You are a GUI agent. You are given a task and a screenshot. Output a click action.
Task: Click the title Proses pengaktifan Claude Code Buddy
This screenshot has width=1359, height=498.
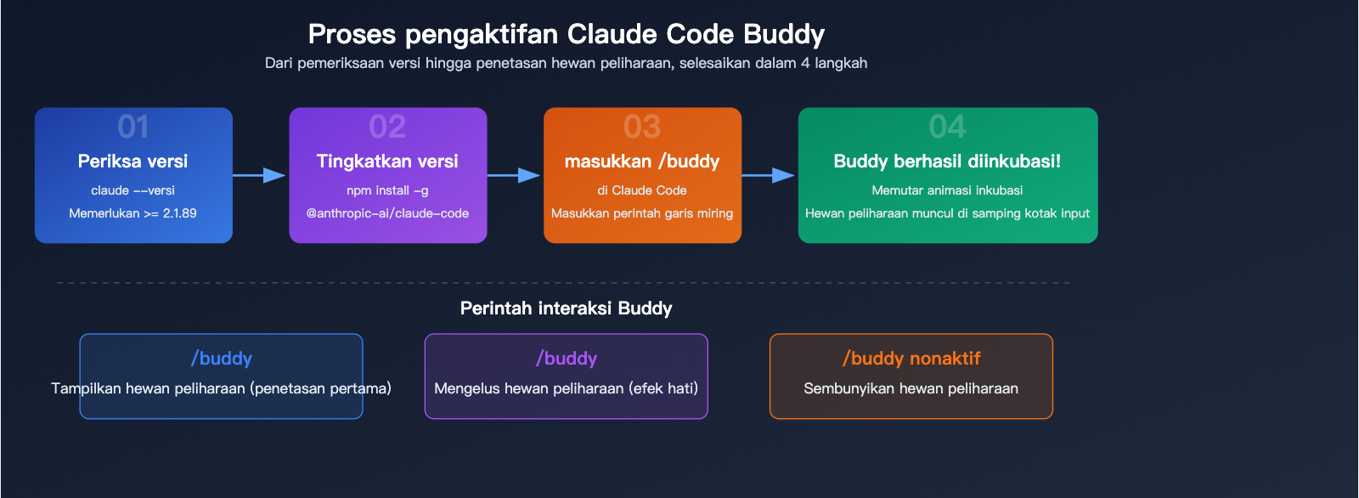click(566, 34)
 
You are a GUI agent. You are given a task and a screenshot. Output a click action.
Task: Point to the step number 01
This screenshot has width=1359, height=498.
click(133, 127)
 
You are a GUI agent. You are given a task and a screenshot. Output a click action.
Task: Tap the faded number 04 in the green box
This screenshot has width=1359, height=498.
click(947, 127)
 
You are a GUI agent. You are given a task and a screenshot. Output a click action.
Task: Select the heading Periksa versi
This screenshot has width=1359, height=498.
click(133, 161)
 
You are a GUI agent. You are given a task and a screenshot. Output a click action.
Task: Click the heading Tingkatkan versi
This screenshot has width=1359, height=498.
click(387, 161)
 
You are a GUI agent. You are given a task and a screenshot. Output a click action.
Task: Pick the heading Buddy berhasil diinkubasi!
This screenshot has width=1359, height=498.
click(947, 161)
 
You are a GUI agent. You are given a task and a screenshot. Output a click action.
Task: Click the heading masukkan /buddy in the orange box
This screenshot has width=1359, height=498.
click(642, 161)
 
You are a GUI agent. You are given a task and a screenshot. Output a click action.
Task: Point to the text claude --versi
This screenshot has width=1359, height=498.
click(133, 190)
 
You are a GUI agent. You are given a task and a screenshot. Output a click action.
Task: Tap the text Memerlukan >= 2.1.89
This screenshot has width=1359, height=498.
click(133, 213)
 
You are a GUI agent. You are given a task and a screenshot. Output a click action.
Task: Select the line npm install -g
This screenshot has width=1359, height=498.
click(387, 190)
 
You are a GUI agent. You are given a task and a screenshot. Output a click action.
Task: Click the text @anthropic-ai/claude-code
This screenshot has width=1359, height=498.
click(387, 213)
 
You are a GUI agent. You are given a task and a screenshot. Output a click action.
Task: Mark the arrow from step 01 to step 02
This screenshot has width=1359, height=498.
click(260, 175)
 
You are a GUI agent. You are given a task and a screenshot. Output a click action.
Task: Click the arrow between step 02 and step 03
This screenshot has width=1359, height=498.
click(515, 175)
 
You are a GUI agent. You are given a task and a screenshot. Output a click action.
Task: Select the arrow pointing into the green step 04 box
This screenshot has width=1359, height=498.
click(770, 175)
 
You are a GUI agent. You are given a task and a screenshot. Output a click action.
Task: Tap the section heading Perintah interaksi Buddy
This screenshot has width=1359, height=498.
click(566, 308)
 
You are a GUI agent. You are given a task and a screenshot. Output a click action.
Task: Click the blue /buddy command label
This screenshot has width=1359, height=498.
click(222, 359)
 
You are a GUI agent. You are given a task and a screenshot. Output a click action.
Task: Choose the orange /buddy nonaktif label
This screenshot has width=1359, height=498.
click(911, 359)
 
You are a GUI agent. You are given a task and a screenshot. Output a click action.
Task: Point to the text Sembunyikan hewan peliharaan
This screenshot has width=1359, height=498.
click(911, 388)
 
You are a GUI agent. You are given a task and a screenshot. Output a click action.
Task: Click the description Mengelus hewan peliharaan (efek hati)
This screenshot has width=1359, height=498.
click(566, 388)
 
